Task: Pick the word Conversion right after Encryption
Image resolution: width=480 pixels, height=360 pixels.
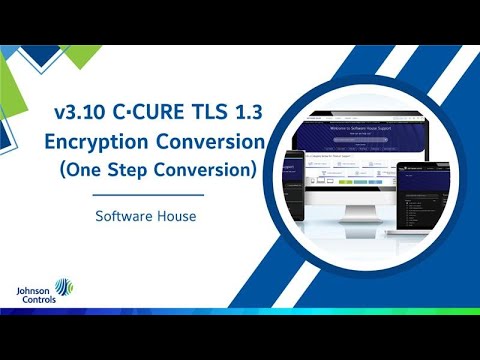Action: click(215, 141)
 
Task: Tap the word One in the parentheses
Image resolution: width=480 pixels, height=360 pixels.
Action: click(107, 170)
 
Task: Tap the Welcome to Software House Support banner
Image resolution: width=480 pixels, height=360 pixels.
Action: click(361, 129)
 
